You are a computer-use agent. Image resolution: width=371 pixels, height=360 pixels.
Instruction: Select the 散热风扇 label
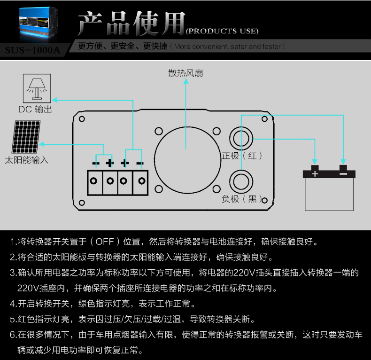pos(186,73)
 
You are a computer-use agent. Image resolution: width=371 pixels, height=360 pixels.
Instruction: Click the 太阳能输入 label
pos(27,160)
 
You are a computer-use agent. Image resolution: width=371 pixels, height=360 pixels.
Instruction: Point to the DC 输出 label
pos(35,110)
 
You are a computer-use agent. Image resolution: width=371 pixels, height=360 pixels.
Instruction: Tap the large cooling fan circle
pos(186,158)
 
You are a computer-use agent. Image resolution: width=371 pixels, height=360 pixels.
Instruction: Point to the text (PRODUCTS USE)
pos(222,31)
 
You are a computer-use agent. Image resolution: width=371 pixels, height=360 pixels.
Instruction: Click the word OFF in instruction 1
pos(104,243)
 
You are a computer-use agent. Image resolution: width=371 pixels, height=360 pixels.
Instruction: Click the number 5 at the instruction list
pos(13,320)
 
